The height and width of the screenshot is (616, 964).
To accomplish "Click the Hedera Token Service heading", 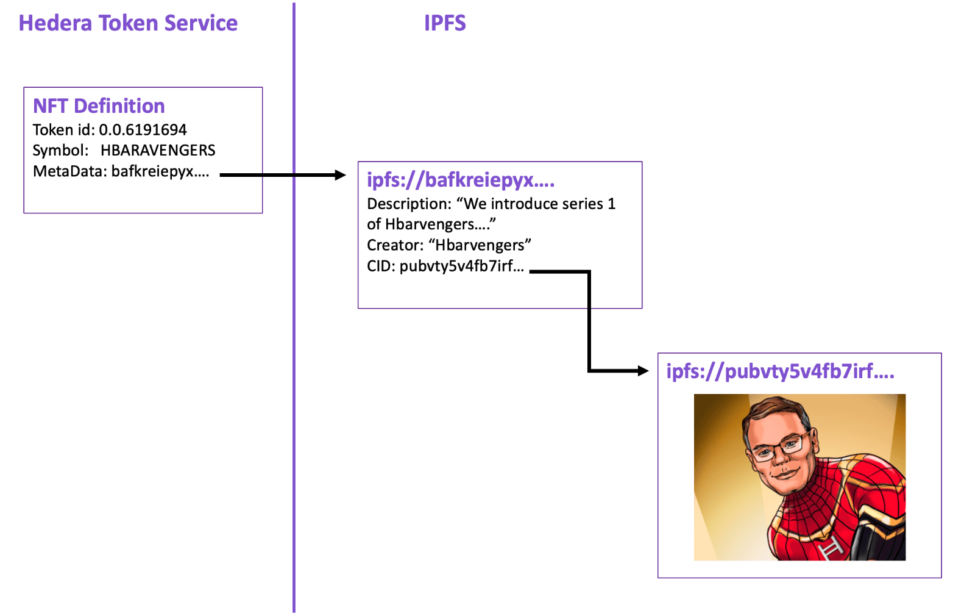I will click(x=128, y=23).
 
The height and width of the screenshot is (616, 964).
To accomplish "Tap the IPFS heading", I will click(x=445, y=23).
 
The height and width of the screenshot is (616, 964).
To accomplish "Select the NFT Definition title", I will click(x=99, y=106).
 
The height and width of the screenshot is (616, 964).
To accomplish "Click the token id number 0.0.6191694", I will click(x=143, y=130).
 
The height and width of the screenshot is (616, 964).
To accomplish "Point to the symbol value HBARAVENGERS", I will click(x=158, y=151).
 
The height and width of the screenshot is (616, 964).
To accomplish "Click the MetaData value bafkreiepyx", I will click(x=160, y=171).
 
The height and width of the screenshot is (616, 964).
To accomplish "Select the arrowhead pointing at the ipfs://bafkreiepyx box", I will click(x=340, y=175).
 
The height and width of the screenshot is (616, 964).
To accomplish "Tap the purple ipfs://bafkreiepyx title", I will click(x=460, y=180).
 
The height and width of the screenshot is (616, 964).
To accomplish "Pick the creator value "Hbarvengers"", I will click(x=480, y=245).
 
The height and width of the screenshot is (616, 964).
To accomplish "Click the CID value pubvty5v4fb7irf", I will click(x=461, y=267).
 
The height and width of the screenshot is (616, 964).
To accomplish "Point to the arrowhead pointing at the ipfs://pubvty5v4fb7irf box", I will click(x=643, y=370).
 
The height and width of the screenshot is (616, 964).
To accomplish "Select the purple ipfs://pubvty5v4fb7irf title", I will click(x=780, y=371).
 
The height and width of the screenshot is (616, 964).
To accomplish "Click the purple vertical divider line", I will click(x=294, y=366).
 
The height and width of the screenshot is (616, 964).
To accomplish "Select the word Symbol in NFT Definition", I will click(x=59, y=151).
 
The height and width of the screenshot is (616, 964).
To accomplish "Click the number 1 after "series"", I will click(x=611, y=204).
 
